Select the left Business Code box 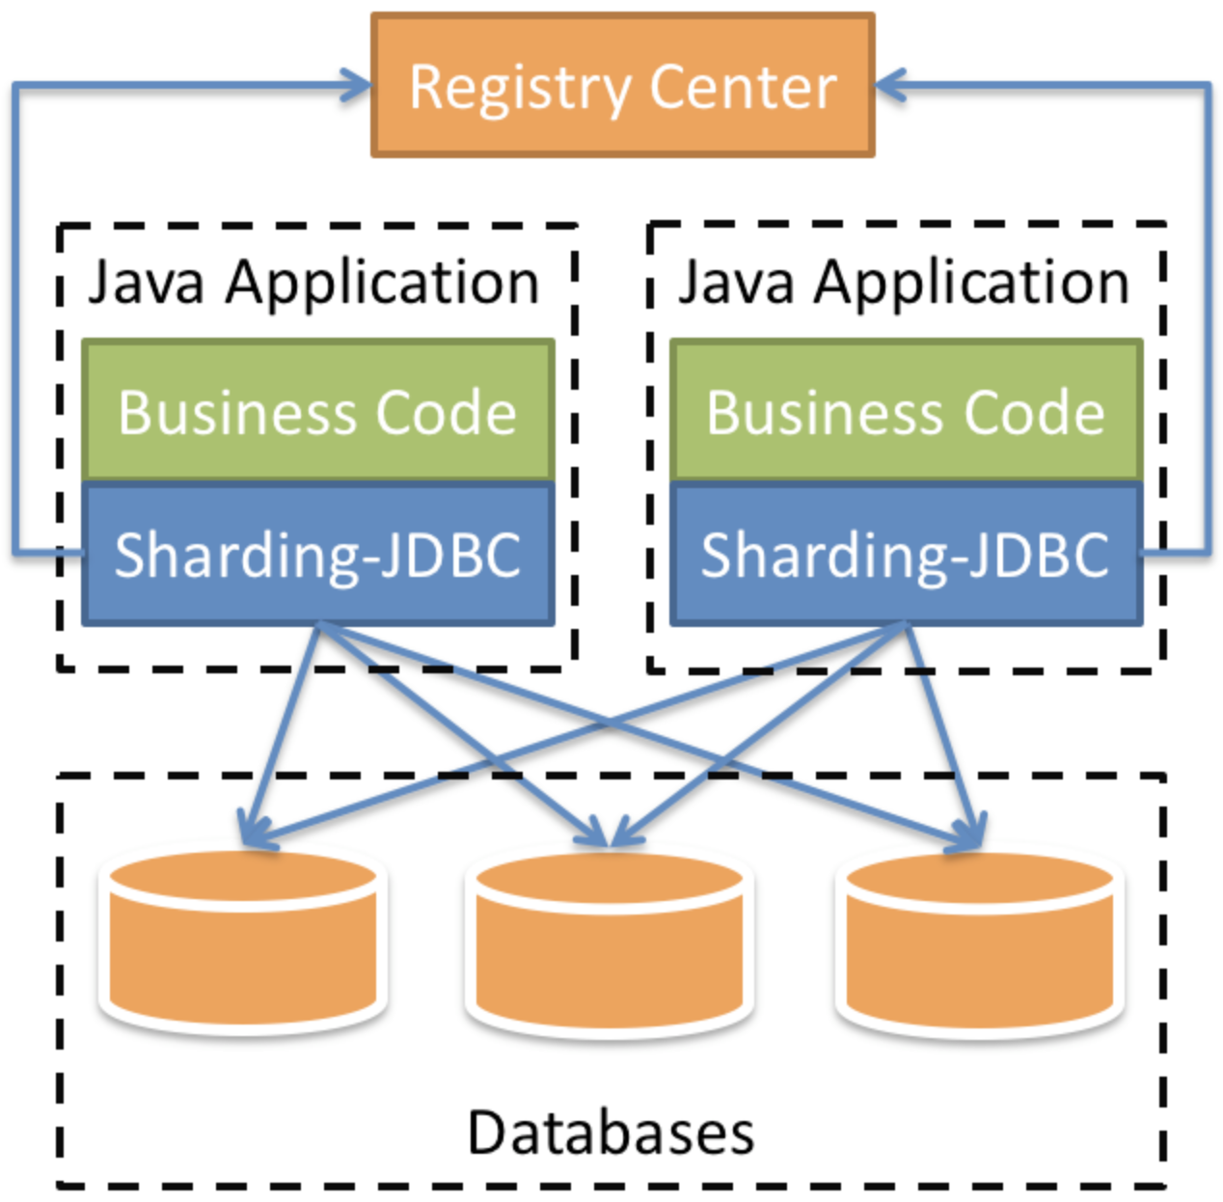click(x=317, y=410)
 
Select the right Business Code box click(x=906, y=410)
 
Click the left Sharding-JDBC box click(x=317, y=554)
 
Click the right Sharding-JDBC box click(x=906, y=554)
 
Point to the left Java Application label click(x=313, y=282)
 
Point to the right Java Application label click(x=903, y=282)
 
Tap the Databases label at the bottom click(x=611, y=1132)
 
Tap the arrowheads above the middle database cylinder click(x=608, y=832)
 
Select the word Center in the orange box click(x=743, y=88)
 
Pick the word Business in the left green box click(x=237, y=412)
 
